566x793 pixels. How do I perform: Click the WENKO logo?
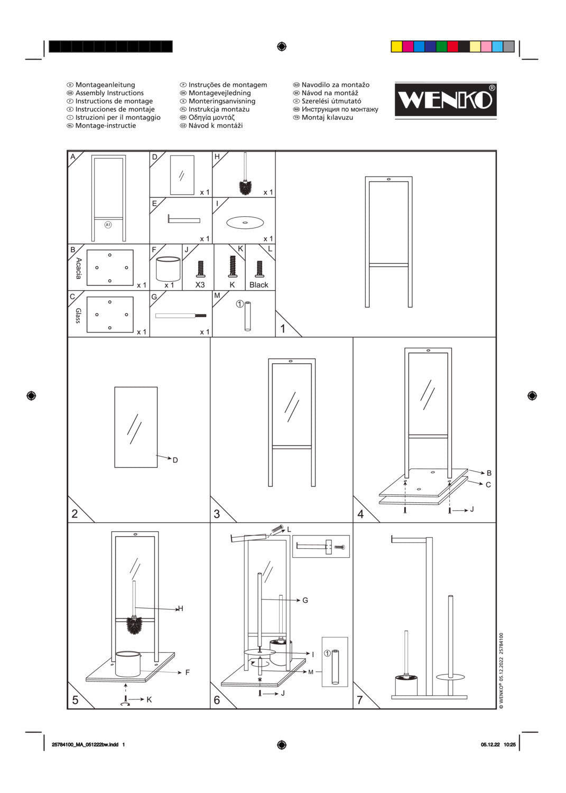(x=446, y=100)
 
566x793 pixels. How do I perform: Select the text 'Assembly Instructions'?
(x=109, y=93)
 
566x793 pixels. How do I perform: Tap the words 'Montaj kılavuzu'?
(x=327, y=117)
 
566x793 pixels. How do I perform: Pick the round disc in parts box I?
(x=245, y=223)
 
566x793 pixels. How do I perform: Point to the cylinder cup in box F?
(x=168, y=269)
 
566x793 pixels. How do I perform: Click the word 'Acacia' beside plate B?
(x=79, y=268)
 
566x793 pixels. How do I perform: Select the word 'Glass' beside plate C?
(x=78, y=316)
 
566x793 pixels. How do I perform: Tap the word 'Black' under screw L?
(x=259, y=285)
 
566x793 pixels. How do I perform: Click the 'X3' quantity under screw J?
(x=200, y=285)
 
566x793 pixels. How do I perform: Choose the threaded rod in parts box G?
(x=181, y=316)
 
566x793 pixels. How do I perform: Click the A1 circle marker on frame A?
(x=108, y=225)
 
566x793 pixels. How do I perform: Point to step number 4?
(x=361, y=514)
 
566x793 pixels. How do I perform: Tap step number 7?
(x=360, y=700)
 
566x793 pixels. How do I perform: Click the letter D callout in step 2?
(x=175, y=460)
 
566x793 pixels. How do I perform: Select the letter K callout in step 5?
(x=149, y=699)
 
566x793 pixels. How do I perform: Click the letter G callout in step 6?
(x=305, y=601)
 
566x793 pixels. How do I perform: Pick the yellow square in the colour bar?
(x=396, y=47)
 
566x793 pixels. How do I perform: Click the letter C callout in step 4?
(x=488, y=485)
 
